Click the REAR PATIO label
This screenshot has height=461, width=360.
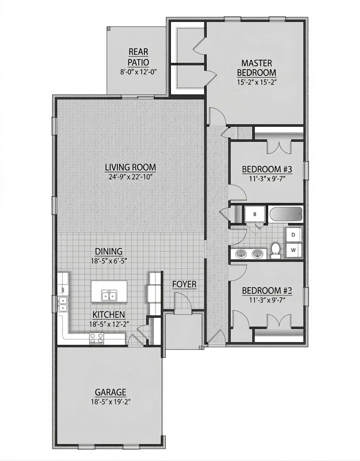[138, 57]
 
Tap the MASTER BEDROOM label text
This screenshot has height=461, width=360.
[256, 68]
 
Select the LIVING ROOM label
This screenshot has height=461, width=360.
[130, 167]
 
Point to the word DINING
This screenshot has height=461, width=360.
[109, 251]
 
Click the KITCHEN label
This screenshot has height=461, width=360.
[109, 314]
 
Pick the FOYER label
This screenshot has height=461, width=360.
[184, 284]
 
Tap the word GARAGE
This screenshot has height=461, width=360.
[111, 392]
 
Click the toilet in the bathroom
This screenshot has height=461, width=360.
[276, 250]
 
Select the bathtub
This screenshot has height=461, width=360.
[286, 215]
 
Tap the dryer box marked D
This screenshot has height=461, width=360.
[293, 235]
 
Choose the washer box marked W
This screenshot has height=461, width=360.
[293, 250]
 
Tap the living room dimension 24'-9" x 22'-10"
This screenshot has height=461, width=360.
[130, 177]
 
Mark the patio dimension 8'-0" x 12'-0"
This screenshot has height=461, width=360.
[138, 72]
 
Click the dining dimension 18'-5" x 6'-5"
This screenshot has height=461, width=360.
[109, 261]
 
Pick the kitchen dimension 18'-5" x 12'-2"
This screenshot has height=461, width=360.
[109, 324]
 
